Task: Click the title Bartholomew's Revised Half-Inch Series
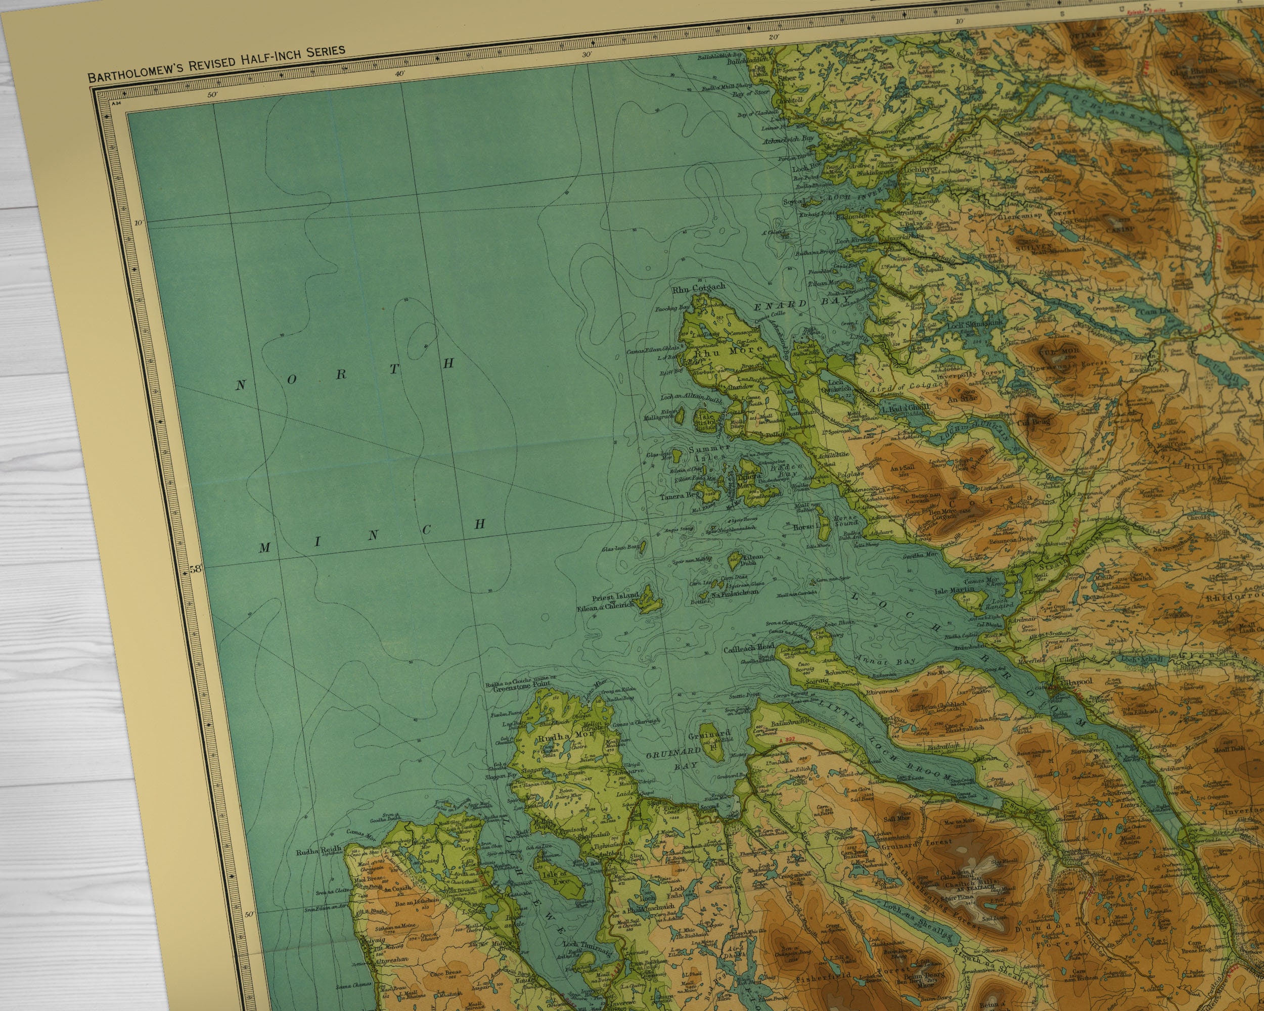216,63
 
